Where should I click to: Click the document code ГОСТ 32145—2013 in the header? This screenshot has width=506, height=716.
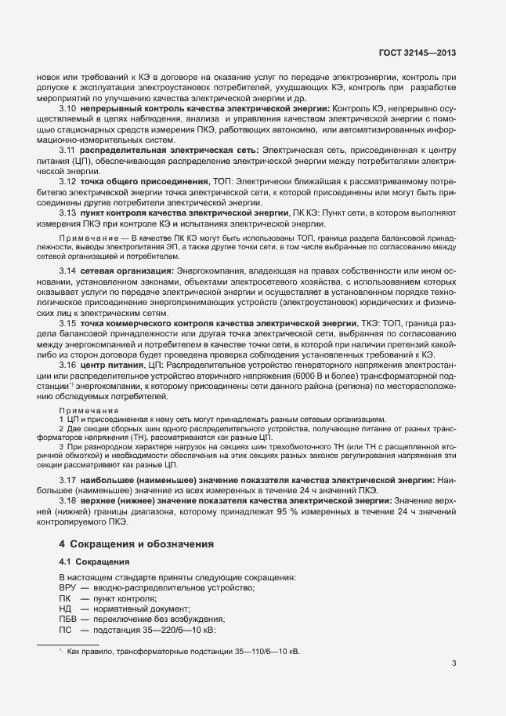pos(416,53)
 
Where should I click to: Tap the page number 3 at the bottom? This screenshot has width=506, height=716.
pos(454,664)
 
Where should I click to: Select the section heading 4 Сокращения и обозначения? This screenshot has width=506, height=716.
pos(136,543)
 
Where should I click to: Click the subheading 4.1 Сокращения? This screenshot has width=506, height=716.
pos(92,562)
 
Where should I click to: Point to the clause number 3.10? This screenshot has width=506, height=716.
pos(67,107)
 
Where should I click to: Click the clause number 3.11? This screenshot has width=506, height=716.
pos(67,149)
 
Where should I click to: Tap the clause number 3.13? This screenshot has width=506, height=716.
pos(67,213)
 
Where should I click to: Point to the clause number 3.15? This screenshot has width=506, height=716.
pos(67,345)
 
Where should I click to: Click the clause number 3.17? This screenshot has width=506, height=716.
pos(67,479)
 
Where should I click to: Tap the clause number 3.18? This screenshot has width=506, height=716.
pos(67,500)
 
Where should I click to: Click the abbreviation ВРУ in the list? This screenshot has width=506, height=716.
pos(69,587)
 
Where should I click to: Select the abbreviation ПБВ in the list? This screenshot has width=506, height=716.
pos(70,619)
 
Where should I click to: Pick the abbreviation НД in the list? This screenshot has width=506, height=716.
pos(66,609)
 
